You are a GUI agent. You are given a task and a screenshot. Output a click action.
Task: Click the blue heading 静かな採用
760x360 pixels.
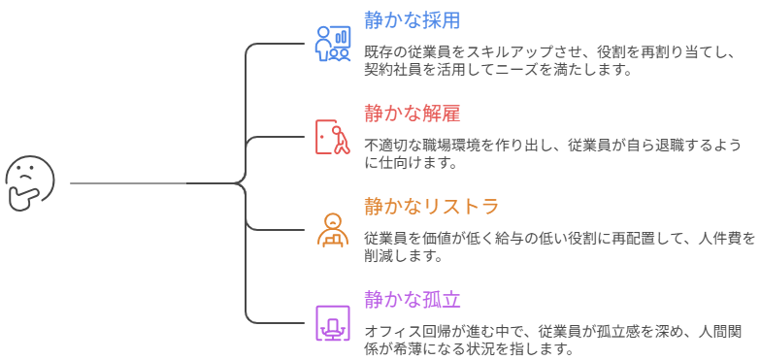pyautogui.click(x=412, y=19)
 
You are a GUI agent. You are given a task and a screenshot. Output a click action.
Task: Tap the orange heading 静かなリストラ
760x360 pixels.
pyautogui.click(x=432, y=206)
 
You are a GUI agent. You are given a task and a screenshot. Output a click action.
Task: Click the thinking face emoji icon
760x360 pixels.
pyautogui.click(x=30, y=182)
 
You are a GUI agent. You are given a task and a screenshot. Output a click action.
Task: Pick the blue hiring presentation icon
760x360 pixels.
pyautogui.click(x=333, y=43)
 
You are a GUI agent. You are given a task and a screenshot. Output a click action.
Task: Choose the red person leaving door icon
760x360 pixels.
pyautogui.click(x=333, y=137)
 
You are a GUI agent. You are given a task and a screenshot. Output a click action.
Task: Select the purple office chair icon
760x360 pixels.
pyautogui.click(x=333, y=322)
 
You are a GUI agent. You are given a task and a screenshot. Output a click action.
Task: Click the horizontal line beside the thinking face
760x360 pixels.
pyautogui.click(x=126, y=182)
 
